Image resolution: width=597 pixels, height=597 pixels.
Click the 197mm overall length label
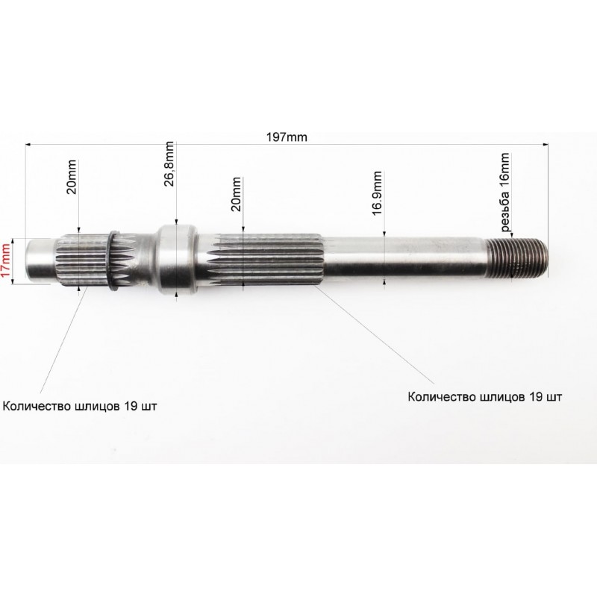tap(287, 137)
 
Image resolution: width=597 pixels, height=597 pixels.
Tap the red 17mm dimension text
tap(6, 261)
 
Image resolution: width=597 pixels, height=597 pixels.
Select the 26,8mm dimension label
tap(169, 164)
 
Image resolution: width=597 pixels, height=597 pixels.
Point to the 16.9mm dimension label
tap(377, 193)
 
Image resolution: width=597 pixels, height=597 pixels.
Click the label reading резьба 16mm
tap(504, 193)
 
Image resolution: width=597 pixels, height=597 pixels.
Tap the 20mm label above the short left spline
tap(72, 177)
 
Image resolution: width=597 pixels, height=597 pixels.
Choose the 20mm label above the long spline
tap(236, 194)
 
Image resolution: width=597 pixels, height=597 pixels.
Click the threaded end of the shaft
tap(518, 257)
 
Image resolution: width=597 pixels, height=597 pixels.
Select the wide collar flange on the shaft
tap(177, 260)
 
